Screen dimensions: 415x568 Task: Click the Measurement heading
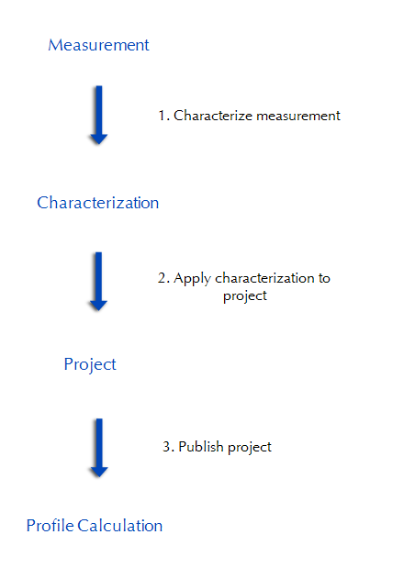(x=98, y=45)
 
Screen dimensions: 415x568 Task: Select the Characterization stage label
(x=98, y=203)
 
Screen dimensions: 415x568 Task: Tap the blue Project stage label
(x=90, y=364)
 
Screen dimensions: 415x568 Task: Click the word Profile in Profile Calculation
(x=50, y=526)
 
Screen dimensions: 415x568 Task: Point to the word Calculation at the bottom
(x=120, y=526)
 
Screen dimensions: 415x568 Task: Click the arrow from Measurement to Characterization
(x=99, y=116)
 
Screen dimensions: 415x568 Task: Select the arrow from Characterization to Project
(x=98, y=282)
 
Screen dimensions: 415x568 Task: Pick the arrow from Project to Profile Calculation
(x=99, y=448)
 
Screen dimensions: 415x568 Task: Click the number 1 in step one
(x=163, y=116)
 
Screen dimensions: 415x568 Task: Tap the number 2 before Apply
(x=162, y=278)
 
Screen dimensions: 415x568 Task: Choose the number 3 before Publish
(x=167, y=447)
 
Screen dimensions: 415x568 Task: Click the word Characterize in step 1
(x=213, y=116)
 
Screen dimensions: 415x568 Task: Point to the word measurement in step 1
(x=298, y=116)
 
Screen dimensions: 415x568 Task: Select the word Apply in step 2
(x=192, y=279)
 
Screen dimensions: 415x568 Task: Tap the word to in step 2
(x=324, y=278)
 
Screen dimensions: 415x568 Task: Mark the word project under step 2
(x=245, y=296)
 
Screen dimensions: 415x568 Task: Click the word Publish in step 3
(x=201, y=447)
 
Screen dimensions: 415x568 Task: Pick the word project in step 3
(x=250, y=448)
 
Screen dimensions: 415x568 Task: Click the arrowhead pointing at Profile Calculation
(x=99, y=472)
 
